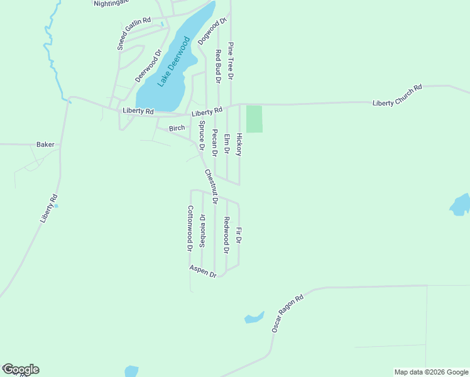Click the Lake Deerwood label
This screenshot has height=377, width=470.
pos(173,63)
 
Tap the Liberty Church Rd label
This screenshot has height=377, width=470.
pos(397,95)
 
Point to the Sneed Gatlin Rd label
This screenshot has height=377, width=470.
pos(134,33)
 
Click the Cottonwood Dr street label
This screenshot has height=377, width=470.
pos(189,229)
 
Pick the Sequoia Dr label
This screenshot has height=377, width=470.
pos(202,231)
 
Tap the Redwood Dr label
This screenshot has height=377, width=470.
pos(227,235)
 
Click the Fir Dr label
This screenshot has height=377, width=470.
pos(239,236)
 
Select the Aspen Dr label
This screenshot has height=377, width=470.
pos(203,271)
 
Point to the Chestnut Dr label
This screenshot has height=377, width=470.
pos(210,187)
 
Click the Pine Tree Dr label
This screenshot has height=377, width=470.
pos(231,61)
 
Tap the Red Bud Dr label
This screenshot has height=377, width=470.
pos(218,67)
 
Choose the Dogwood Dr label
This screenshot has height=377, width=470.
pos(212,31)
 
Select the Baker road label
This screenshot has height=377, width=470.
pos(45,145)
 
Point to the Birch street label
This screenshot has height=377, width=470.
pos(177,128)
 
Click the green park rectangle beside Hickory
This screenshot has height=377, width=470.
pos(254,119)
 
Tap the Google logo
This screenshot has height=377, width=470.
pos(21,369)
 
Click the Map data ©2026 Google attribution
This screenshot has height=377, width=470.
pos(430,372)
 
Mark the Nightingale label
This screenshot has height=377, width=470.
pos(111,3)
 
